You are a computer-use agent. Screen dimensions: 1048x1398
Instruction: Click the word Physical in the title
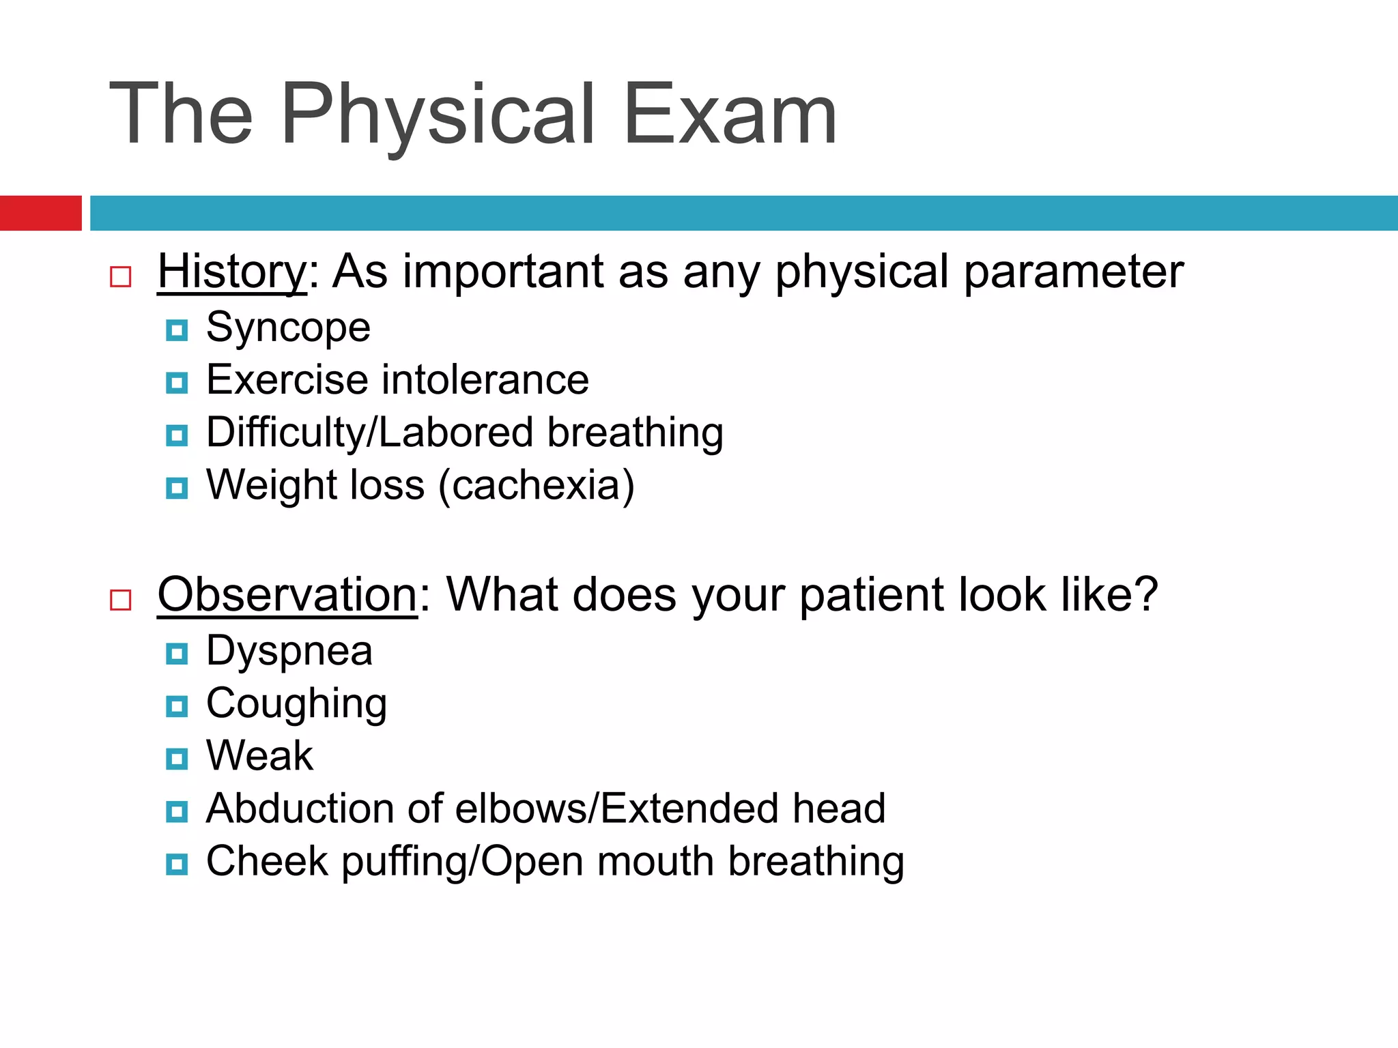[x=438, y=115]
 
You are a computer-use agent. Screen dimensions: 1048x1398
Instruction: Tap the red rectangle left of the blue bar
[x=40, y=213]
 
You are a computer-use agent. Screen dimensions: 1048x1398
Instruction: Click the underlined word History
[x=232, y=272]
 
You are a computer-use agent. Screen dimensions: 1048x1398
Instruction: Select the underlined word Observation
[x=287, y=594]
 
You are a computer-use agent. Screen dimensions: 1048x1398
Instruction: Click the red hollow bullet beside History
[x=121, y=276]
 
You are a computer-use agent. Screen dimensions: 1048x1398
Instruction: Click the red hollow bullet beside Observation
[x=121, y=600]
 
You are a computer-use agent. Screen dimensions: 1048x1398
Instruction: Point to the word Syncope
[x=288, y=328]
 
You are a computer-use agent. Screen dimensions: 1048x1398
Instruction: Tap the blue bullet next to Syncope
[x=177, y=331]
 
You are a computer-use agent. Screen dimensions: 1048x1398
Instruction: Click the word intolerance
[x=485, y=380]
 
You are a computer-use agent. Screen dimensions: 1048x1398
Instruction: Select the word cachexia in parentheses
[x=536, y=485]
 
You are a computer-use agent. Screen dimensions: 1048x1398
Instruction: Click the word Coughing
[x=296, y=703]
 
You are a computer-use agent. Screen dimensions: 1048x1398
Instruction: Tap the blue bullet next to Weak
[x=177, y=759]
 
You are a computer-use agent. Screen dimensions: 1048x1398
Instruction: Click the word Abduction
[x=300, y=809]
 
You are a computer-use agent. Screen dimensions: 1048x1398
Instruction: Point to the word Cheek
[x=267, y=861]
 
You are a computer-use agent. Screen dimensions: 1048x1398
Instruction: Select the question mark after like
[x=1147, y=594]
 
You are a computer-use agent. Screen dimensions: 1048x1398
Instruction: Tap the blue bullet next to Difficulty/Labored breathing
[x=177, y=435]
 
